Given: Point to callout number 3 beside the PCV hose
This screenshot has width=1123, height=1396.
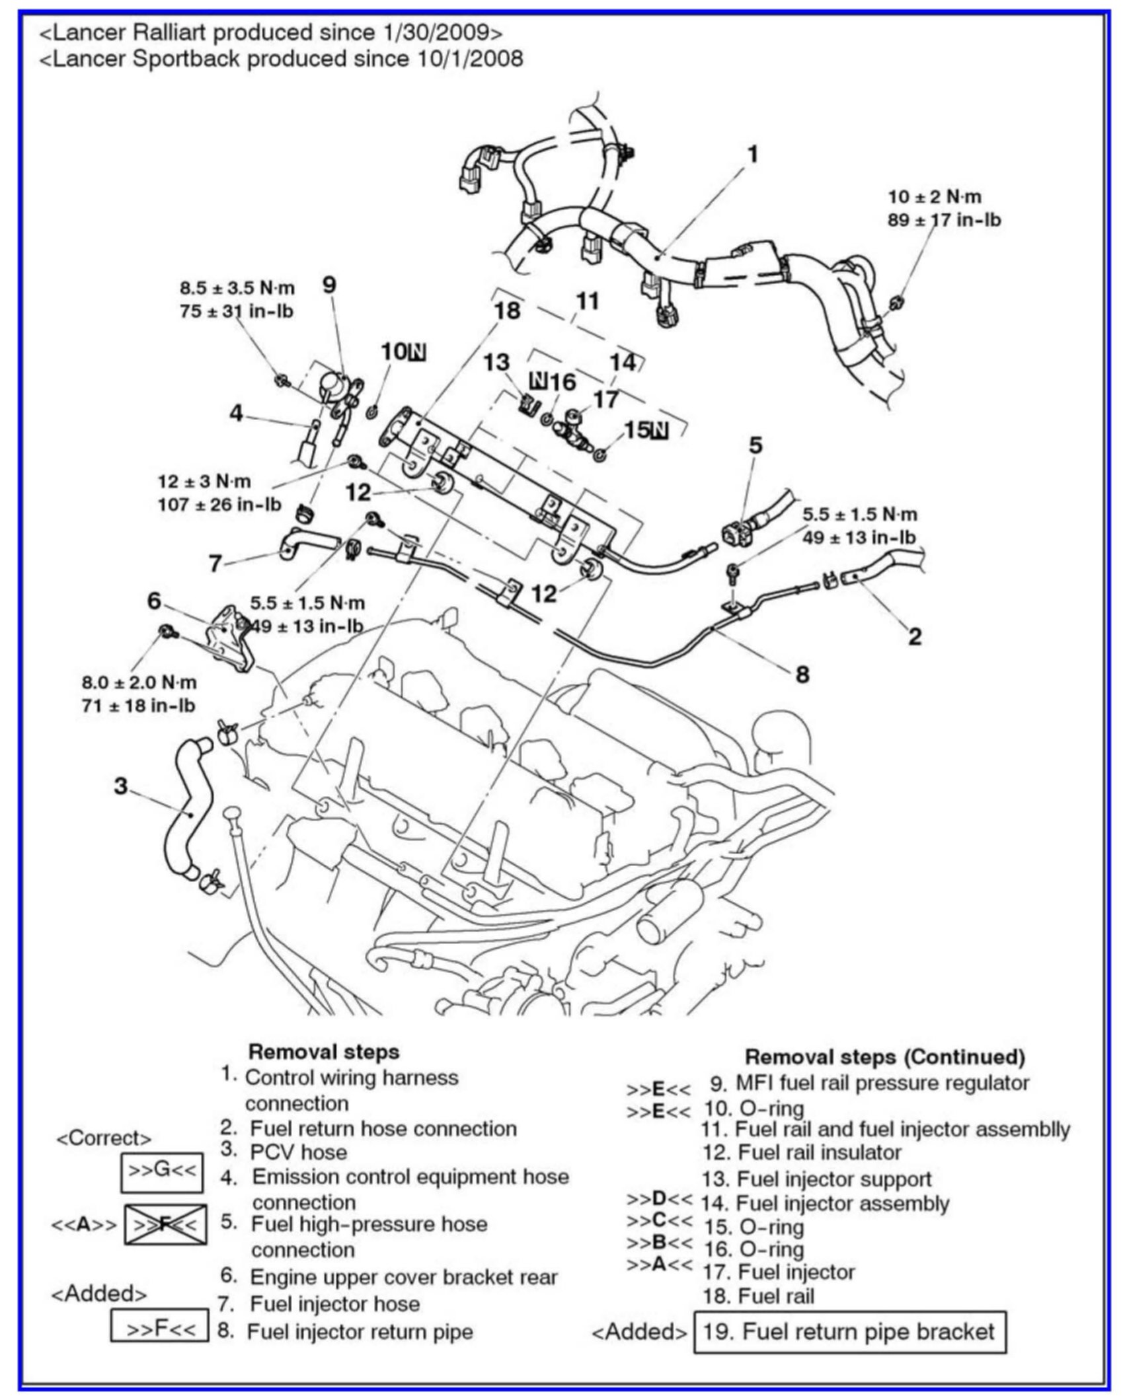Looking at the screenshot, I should (x=120, y=786).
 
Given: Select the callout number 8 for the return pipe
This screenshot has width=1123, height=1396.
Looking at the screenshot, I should (x=802, y=675).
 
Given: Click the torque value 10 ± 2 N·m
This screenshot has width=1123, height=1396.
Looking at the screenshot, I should (x=935, y=197).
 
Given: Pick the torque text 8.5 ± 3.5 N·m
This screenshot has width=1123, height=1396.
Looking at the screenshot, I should (x=237, y=288).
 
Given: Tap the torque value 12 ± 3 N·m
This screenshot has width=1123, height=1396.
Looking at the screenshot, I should (x=204, y=481).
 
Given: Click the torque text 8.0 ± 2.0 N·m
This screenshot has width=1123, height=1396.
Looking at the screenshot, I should (x=139, y=682).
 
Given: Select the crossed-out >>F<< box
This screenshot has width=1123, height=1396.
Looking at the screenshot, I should (x=165, y=1224).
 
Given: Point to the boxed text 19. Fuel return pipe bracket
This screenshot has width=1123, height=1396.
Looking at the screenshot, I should (x=849, y=1331).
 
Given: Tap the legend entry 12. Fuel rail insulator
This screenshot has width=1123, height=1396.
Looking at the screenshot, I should (x=802, y=1153).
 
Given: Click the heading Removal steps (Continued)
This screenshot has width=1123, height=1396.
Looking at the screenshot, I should (x=885, y=1056).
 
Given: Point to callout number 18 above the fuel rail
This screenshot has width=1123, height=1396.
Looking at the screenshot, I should (x=507, y=311).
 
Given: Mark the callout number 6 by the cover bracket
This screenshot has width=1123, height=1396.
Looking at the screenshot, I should (x=154, y=601).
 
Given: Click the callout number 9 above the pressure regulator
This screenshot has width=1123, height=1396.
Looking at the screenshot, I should (x=329, y=285).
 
